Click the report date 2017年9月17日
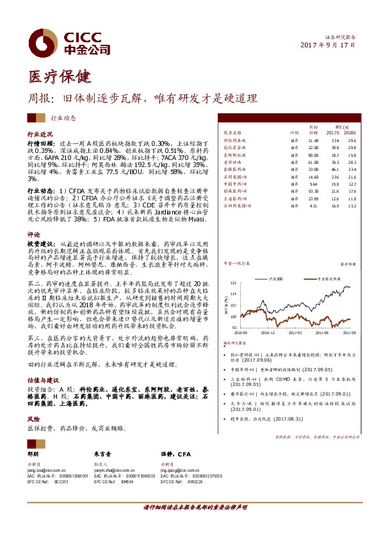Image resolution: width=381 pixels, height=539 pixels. click(x=327, y=45)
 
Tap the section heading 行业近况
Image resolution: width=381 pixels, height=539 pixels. click(x=39, y=136)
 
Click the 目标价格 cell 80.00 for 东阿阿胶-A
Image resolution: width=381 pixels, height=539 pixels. click(x=313, y=155)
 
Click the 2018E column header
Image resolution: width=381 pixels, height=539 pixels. click(x=352, y=132)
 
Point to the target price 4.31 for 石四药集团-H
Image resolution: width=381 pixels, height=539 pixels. click(x=313, y=206)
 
